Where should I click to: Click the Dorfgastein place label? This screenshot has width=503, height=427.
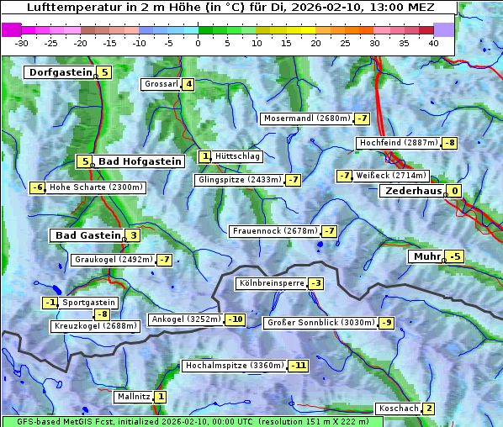tap(60, 72)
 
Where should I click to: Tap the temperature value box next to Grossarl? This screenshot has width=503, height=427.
tap(188, 84)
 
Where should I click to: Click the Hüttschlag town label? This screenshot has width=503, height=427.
tap(238, 156)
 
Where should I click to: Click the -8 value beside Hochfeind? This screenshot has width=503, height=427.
tap(450, 143)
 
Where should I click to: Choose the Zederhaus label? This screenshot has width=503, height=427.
tap(412, 191)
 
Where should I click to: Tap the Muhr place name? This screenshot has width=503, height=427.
tap(426, 256)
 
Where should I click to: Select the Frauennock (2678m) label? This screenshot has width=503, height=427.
tap(274, 231)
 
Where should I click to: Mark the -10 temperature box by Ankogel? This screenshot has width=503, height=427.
tap(235, 319)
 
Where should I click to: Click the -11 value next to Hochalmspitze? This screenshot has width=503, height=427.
tap(299, 366)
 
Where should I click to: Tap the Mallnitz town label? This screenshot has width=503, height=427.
tap(134, 397)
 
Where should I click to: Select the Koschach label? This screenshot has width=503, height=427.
tap(398, 409)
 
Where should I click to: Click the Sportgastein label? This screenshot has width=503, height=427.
tap(89, 303)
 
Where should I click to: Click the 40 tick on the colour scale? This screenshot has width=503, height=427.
tap(433, 42)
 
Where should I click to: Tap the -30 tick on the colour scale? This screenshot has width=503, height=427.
tap(22, 42)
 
